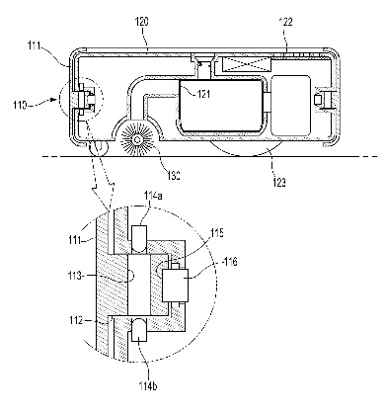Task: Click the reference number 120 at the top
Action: pyautogui.click(x=142, y=22)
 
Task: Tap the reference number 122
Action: pyautogui.click(x=285, y=22)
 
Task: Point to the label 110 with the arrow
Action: pyautogui.click(x=20, y=105)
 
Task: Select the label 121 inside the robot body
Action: pyautogui.click(x=203, y=94)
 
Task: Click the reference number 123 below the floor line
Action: pyautogui.click(x=278, y=182)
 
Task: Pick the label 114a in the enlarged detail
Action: pyautogui.click(x=153, y=196)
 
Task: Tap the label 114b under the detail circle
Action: pyautogui.click(x=148, y=385)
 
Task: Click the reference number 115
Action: pyautogui.click(x=217, y=233)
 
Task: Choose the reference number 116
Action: pyautogui.click(x=230, y=263)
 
